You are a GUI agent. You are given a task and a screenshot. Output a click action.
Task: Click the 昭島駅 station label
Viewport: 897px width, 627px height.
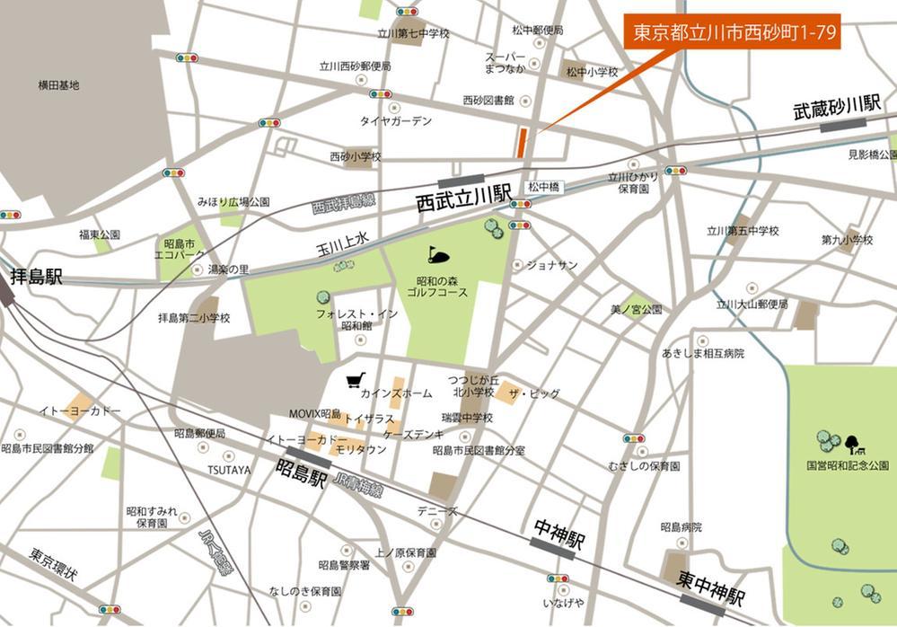(300, 473)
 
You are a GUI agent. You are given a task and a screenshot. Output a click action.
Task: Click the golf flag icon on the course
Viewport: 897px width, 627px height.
(435, 253)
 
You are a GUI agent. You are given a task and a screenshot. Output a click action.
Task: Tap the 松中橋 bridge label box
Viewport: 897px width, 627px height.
(544, 187)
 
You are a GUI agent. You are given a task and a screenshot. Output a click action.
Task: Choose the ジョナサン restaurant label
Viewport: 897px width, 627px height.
(551, 265)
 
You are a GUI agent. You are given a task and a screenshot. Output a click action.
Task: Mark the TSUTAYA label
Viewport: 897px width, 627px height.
(229, 470)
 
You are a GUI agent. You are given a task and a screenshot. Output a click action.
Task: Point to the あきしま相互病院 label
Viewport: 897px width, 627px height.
(703, 354)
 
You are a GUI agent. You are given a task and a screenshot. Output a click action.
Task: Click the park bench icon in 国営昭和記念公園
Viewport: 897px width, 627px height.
(851, 442)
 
